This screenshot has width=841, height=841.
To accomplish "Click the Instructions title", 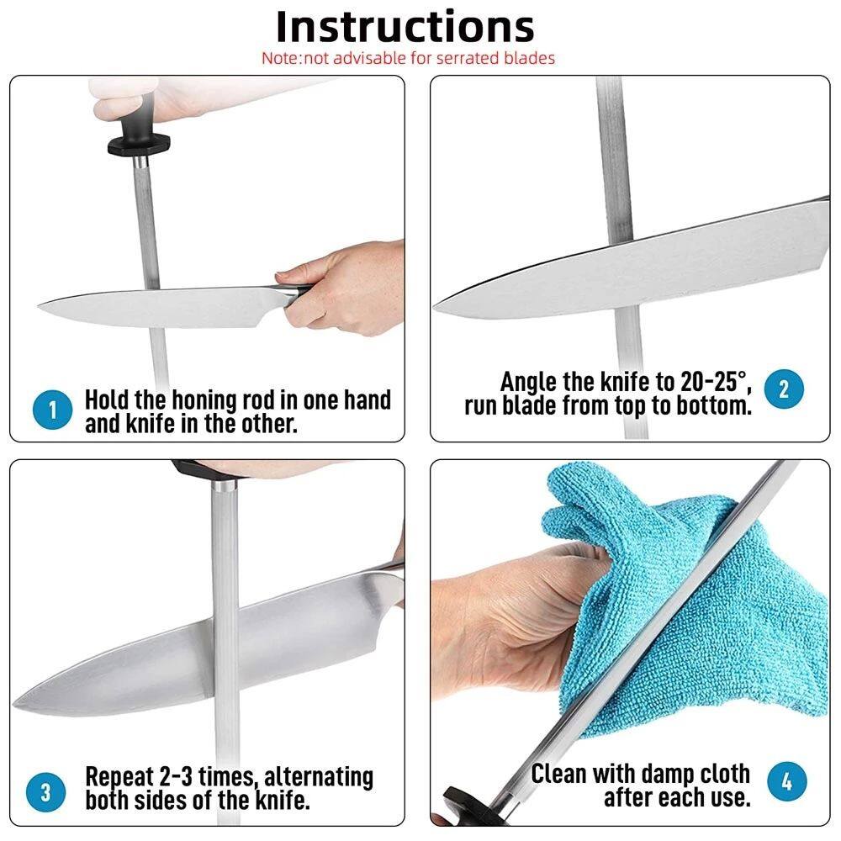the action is [405, 28].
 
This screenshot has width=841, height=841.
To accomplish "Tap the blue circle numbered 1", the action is [52, 410].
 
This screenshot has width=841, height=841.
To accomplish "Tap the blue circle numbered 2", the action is [784, 389].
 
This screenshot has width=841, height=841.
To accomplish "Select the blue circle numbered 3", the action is [45, 791].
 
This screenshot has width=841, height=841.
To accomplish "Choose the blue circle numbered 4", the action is [787, 781].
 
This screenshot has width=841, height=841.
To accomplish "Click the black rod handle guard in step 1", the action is [139, 144].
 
